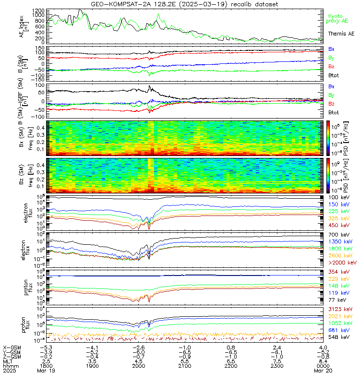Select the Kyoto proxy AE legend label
click(x=340, y=18)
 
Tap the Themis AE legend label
click(x=341, y=34)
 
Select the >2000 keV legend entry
click(x=341, y=263)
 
